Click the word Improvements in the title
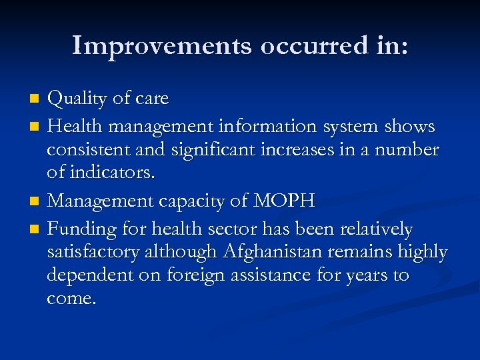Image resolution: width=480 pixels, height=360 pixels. (x=162, y=45)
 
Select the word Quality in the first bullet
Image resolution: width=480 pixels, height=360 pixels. (x=77, y=99)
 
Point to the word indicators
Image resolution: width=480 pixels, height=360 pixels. (x=101, y=173)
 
